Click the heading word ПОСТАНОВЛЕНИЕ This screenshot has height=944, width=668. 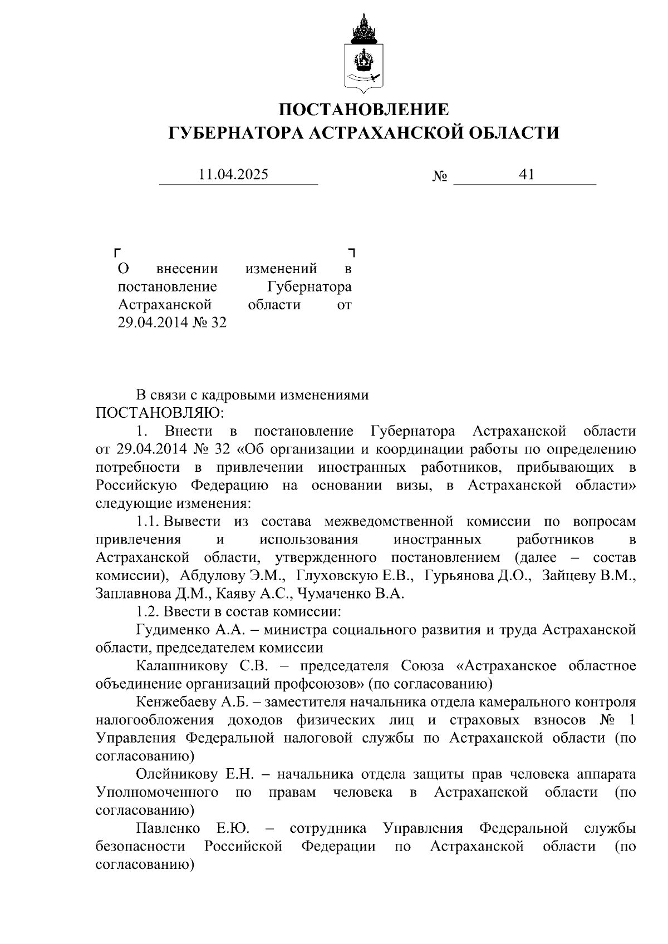[364, 109]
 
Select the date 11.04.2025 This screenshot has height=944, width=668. [233, 175]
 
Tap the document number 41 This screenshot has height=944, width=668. [526, 175]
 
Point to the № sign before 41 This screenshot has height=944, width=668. [440, 176]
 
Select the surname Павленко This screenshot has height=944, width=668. [168, 828]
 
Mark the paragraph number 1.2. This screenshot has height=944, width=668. [148, 612]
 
